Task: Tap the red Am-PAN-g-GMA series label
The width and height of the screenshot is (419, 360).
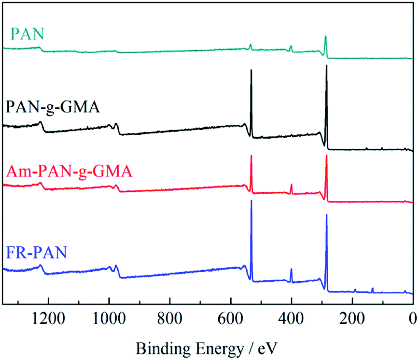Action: pyautogui.click(x=67, y=171)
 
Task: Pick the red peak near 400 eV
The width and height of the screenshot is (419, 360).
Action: pyautogui.click(x=291, y=186)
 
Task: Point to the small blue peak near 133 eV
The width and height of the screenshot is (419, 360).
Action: pyautogui.click(x=372, y=289)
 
